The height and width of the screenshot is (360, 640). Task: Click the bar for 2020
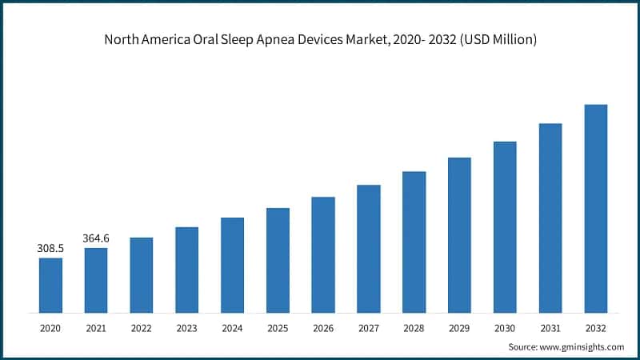50,285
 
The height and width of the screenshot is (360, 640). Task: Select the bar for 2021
96,280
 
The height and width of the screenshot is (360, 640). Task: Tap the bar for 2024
232,265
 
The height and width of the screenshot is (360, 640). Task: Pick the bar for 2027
369,249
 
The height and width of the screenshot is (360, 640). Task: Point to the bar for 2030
505,227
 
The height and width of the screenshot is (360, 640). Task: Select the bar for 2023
186,270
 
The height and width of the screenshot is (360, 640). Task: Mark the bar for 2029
459,234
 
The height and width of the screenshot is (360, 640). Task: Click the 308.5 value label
50,249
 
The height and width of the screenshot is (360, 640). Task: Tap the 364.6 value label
96,238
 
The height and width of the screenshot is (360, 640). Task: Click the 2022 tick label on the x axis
141,328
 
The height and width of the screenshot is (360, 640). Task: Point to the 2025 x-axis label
278,328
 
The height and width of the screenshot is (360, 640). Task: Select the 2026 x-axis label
323,328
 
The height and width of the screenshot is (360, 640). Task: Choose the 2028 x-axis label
414,328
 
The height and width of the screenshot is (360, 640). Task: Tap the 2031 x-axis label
550,328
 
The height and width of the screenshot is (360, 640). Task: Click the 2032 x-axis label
596,328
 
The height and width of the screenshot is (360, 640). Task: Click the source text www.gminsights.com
583,346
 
